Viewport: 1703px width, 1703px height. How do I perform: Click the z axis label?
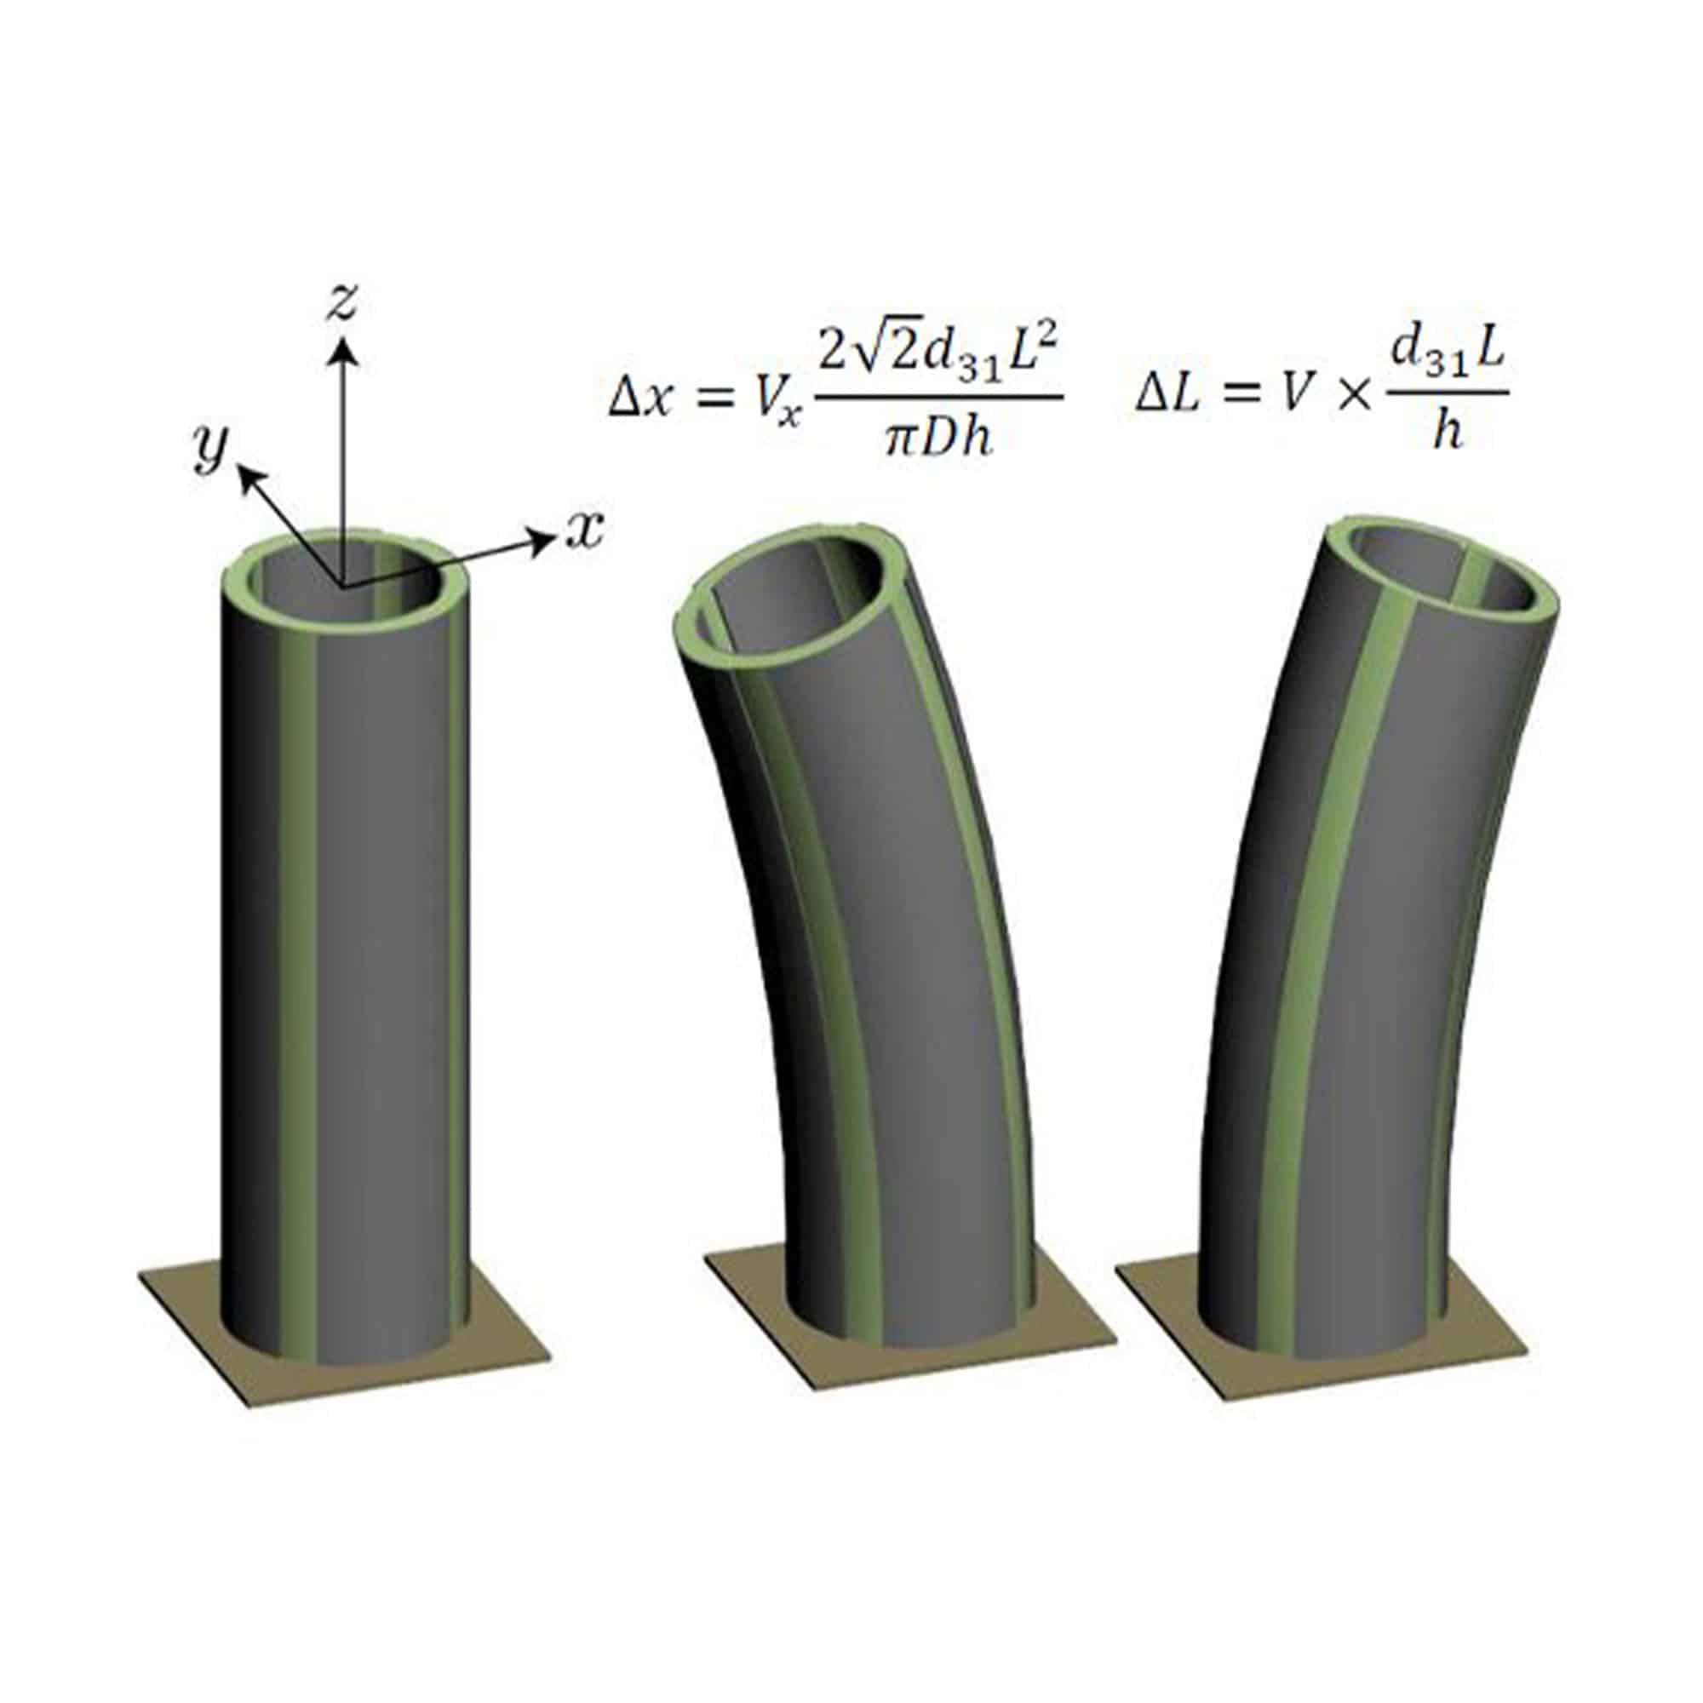click(341, 302)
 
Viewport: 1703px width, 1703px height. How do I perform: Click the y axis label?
click(210, 450)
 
